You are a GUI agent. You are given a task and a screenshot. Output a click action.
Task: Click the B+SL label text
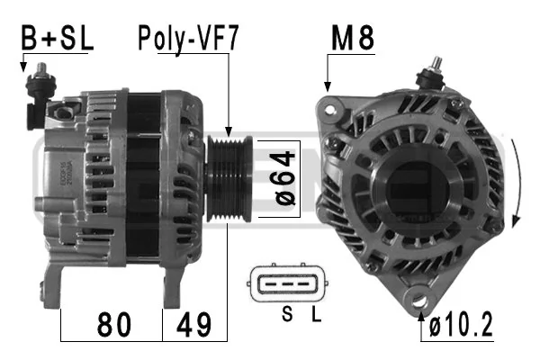(x=58, y=38)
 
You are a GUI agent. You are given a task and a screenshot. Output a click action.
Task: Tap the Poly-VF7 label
(x=188, y=39)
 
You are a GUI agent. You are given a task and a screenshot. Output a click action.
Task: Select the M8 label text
(x=353, y=38)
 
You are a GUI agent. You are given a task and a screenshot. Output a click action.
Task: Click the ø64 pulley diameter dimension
(x=284, y=178)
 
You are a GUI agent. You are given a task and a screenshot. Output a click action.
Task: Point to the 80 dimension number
(x=114, y=324)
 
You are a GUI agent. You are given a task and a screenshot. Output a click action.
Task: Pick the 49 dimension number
(x=193, y=324)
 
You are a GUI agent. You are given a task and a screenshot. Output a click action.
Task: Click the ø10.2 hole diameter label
(x=461, y=325)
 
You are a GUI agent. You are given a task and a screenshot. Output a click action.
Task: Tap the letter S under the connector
(x=287, y=314)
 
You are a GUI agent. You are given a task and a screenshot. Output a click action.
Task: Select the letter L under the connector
(x=316, y=314)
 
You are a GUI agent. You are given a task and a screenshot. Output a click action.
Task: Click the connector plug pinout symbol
(x=287, y=283)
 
